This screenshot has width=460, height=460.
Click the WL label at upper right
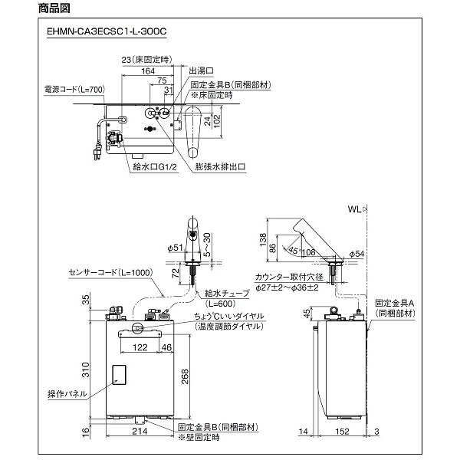pyautogui.click(x=354, y=208)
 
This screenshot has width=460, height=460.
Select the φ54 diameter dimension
pyautogui.click(x=357, y=252)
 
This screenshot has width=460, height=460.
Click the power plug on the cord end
pyautogui.click(x=97, y=153)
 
